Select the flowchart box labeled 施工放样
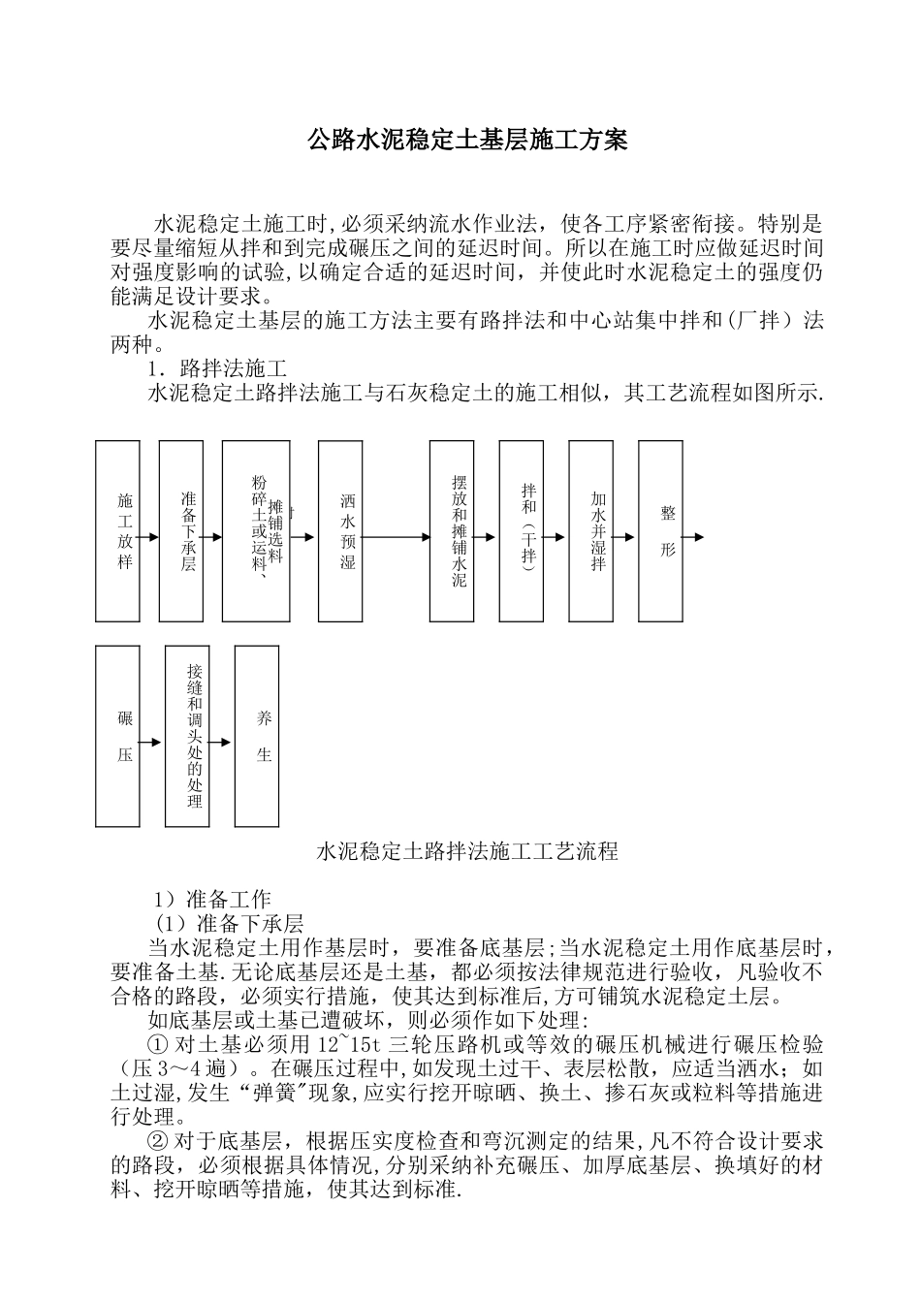point(117,530)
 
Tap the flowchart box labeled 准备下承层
point(181,530)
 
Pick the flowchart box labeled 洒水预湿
point(340,531)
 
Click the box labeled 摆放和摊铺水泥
point(452,530)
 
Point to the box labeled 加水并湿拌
point(590,530)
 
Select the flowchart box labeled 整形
point(660,530)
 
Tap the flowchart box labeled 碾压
point(117,736)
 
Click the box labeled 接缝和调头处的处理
point(187,736)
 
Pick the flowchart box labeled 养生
point(257,736)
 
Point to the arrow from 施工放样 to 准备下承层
point(149,536)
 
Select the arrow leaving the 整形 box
point(694,536)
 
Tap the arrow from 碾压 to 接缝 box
point(151,743)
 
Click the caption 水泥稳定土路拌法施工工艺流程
point(467,852)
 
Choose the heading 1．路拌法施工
point(216,369)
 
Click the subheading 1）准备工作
point(213,899)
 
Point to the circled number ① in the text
point(157,1045)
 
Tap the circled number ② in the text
point(157,1142)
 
